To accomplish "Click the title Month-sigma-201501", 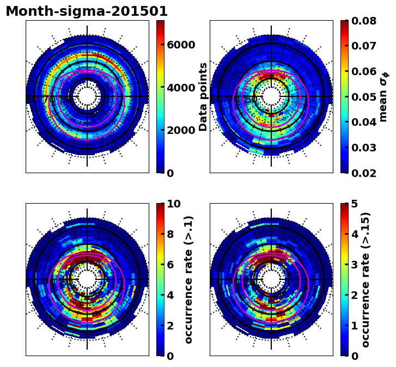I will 87,11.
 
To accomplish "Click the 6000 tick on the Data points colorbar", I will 181,45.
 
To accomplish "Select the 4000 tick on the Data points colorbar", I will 181,88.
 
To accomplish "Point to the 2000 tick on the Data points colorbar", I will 181,131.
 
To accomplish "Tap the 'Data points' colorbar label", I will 203,97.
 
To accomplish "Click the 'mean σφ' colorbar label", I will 383,97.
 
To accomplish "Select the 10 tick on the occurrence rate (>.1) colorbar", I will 174,204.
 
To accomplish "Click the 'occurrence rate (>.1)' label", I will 188,280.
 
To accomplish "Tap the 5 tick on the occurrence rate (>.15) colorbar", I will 355,204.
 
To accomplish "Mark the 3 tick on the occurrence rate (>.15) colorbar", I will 355,265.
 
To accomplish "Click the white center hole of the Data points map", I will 87,97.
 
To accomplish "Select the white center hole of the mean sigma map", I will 271,97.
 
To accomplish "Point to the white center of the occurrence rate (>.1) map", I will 87,280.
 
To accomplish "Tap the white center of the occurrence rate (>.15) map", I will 271,280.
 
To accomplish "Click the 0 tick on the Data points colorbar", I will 170,173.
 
